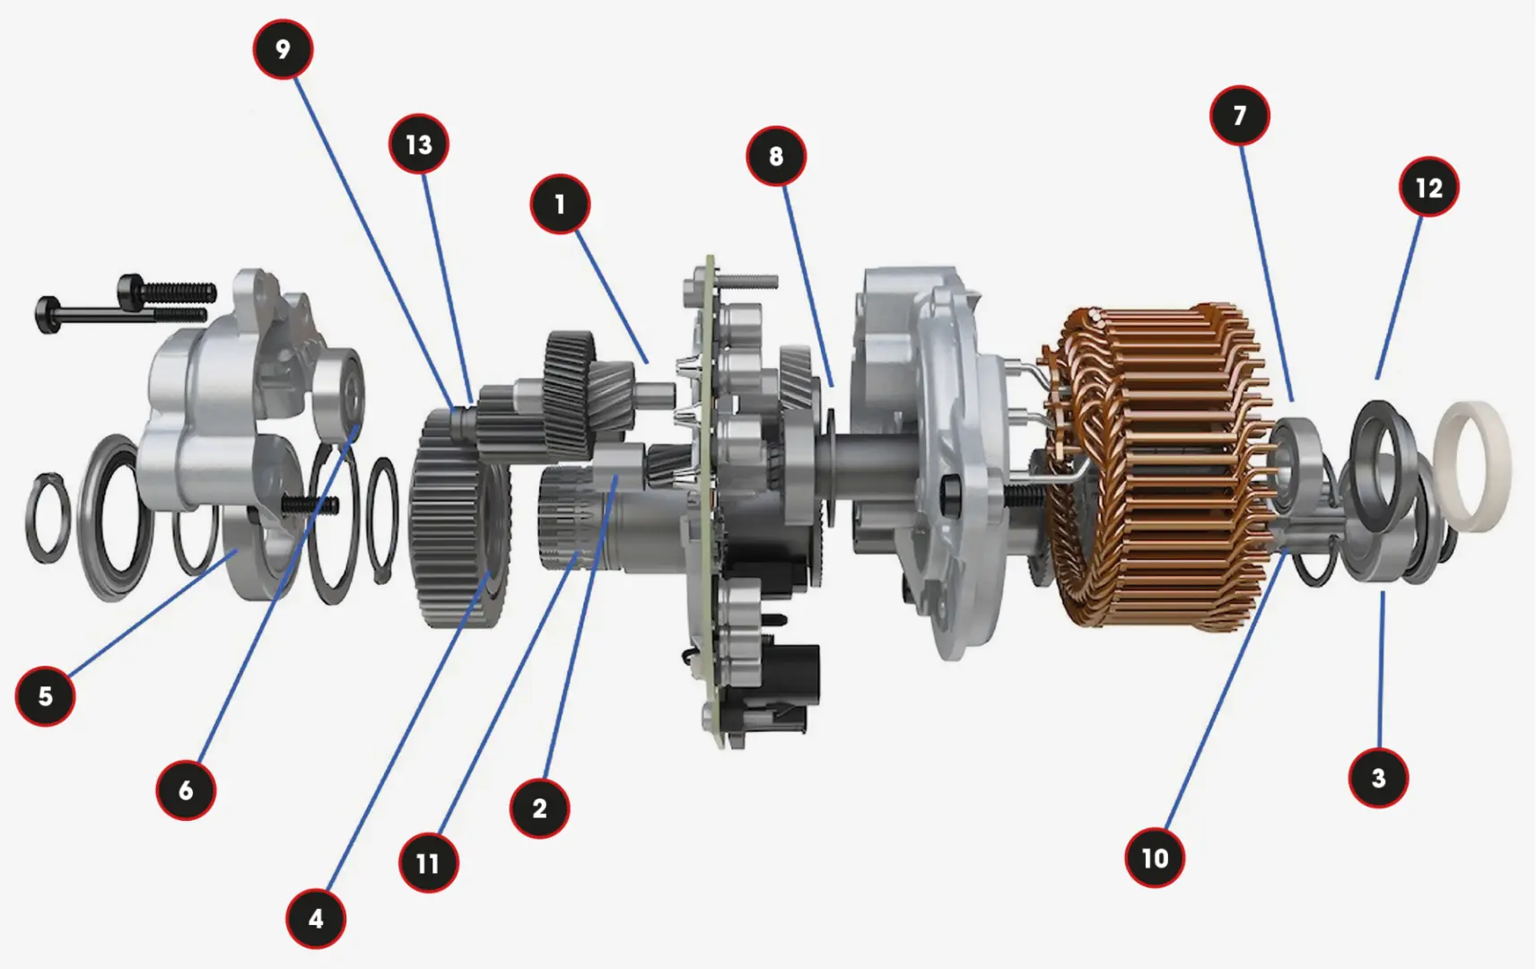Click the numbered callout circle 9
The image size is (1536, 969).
pos(283,49)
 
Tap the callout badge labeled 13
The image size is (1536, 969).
pos(419,144)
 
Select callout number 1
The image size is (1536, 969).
pos(560,205)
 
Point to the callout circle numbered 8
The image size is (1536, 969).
pos(776,156)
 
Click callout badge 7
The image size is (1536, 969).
pos(1240,115)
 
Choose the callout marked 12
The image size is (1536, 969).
pos(1429,188)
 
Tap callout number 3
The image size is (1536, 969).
pos(1378,779)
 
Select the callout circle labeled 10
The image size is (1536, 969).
pos(1156,858)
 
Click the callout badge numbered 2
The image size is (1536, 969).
pos(539,808)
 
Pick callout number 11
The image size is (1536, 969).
pos(429,863)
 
